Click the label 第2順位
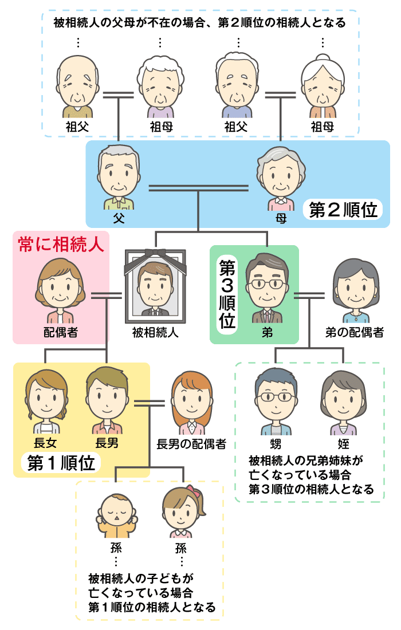[343, 210]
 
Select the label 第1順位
[61, 463]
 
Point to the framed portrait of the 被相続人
[155, 286]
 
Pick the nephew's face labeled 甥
[276, 401]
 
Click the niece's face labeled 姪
[343, 401]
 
